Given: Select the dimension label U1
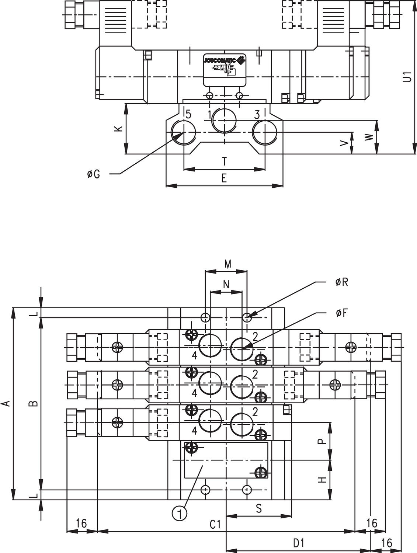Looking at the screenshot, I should (x=407, y=77).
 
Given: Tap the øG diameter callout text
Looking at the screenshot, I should (x=94, y=174).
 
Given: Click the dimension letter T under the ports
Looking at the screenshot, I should (x=224, y=161).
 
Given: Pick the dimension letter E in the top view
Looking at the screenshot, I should (x=224, y=178).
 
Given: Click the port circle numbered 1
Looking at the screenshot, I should (x=225, y=120).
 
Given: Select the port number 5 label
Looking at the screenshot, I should (x=188, y=114).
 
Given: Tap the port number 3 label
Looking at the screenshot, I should (x=257, y=115).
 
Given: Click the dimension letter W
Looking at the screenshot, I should (x=369, y=137).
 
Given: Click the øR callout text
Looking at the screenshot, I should (x=341, y=282).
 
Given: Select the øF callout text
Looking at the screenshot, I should (x=341, y=313).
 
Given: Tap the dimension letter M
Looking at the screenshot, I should (x=227, y=264).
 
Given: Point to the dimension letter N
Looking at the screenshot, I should (x=226, y=284).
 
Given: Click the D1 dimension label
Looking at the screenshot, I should (x=299, y=543).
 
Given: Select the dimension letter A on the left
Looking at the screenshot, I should (x=6, y=404).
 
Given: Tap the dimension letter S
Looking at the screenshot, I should (x=259, y=509).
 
